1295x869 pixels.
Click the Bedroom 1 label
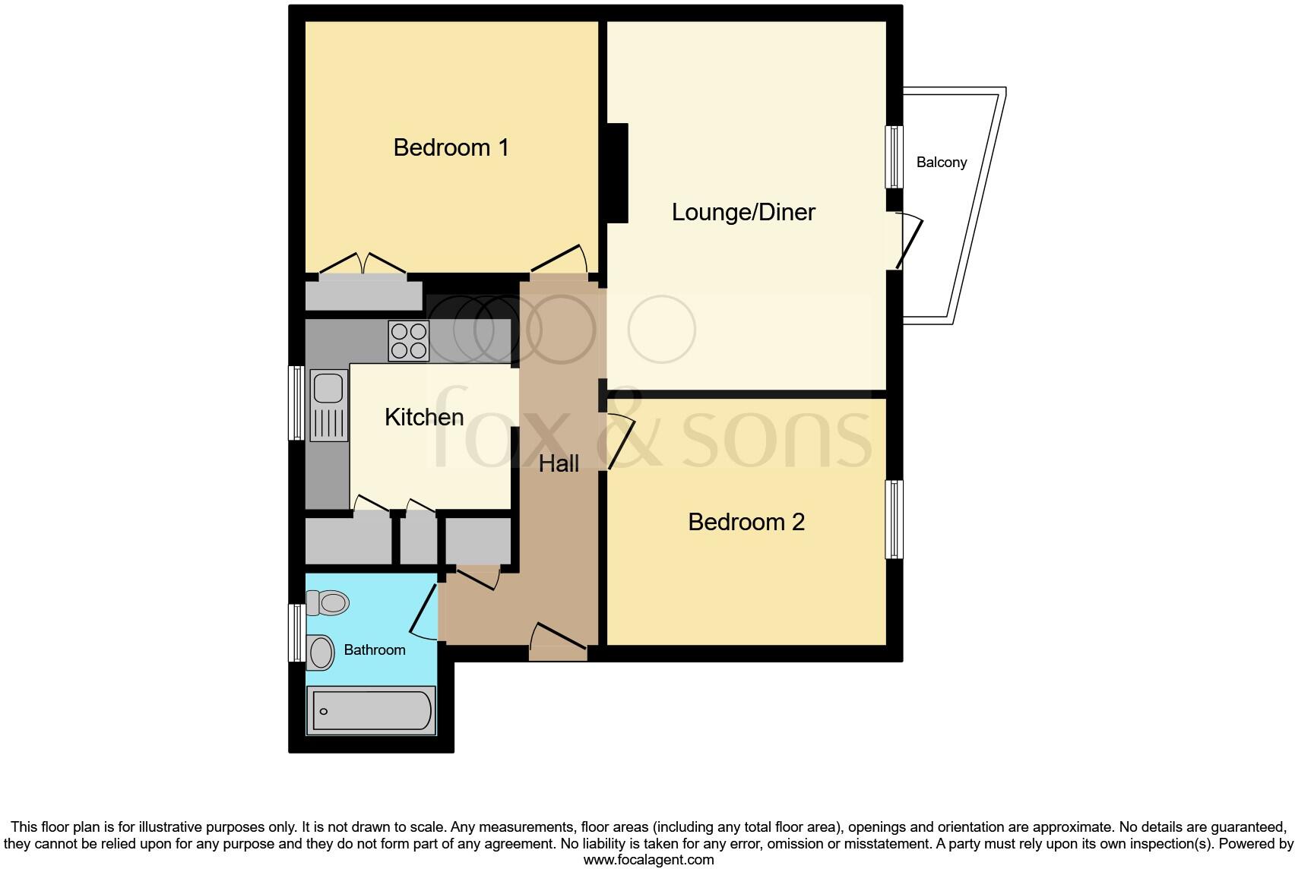pos(451,147)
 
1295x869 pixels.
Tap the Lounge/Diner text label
pos(743,212)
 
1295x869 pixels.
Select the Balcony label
pos(942,162)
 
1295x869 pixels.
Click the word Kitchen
pos(423,417)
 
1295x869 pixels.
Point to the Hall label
pos(559,463)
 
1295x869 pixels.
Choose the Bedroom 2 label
pos(746,522)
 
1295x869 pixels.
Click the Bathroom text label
pos(374,649)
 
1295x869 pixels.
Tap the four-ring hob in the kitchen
pos(409,341)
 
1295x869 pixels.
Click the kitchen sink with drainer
pos(329,406)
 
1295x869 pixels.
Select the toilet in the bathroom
pos(328,603)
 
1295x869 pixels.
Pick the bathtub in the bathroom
pos(372,711)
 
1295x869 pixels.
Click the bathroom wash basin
pos(321,653)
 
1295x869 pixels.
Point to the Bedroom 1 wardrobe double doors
pos(363,264)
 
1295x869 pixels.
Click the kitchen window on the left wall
pos(296,403)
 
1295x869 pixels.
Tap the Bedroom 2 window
pos(895,519)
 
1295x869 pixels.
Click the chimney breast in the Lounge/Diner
pos(617,173)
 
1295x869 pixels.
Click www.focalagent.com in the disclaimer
pos(647,860)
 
